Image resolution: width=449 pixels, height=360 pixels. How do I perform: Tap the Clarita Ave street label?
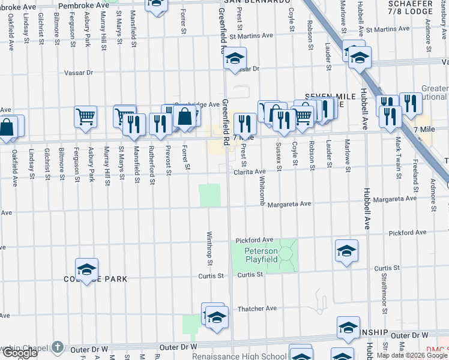(250, 171)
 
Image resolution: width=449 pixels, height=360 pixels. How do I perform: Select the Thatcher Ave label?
(260, 308)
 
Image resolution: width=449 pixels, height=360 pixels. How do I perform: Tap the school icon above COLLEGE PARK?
(86, 268)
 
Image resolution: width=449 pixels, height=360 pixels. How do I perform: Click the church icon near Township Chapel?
(57, 347)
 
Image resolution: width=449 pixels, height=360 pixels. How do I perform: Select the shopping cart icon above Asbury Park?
(86, 116)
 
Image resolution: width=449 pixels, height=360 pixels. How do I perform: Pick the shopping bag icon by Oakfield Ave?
(7, 128)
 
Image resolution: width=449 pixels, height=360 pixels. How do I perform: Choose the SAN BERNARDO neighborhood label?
(253, 2)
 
